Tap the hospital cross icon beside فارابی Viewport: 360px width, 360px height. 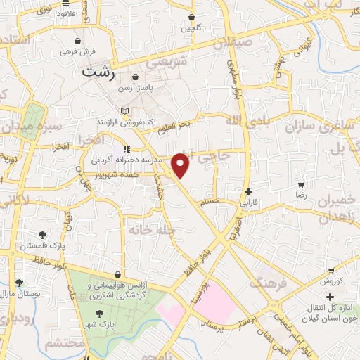[247, 191]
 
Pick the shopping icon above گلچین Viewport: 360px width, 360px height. [191, 17]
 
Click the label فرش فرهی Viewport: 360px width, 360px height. [77, 51]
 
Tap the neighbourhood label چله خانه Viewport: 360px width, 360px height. [147, 230]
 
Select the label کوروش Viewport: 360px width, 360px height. [330, 282]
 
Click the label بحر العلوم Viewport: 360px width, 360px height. [174, 125]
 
